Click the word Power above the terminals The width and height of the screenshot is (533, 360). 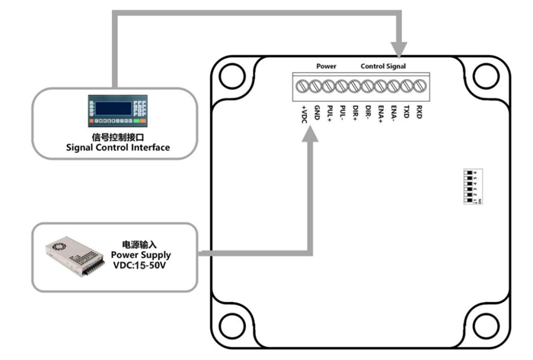point(327,67)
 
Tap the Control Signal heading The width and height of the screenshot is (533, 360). point(383,67)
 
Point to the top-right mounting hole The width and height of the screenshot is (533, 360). point(484,75)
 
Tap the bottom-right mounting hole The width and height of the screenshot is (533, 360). point(484,320)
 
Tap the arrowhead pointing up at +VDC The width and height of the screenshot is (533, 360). point(309,133)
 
